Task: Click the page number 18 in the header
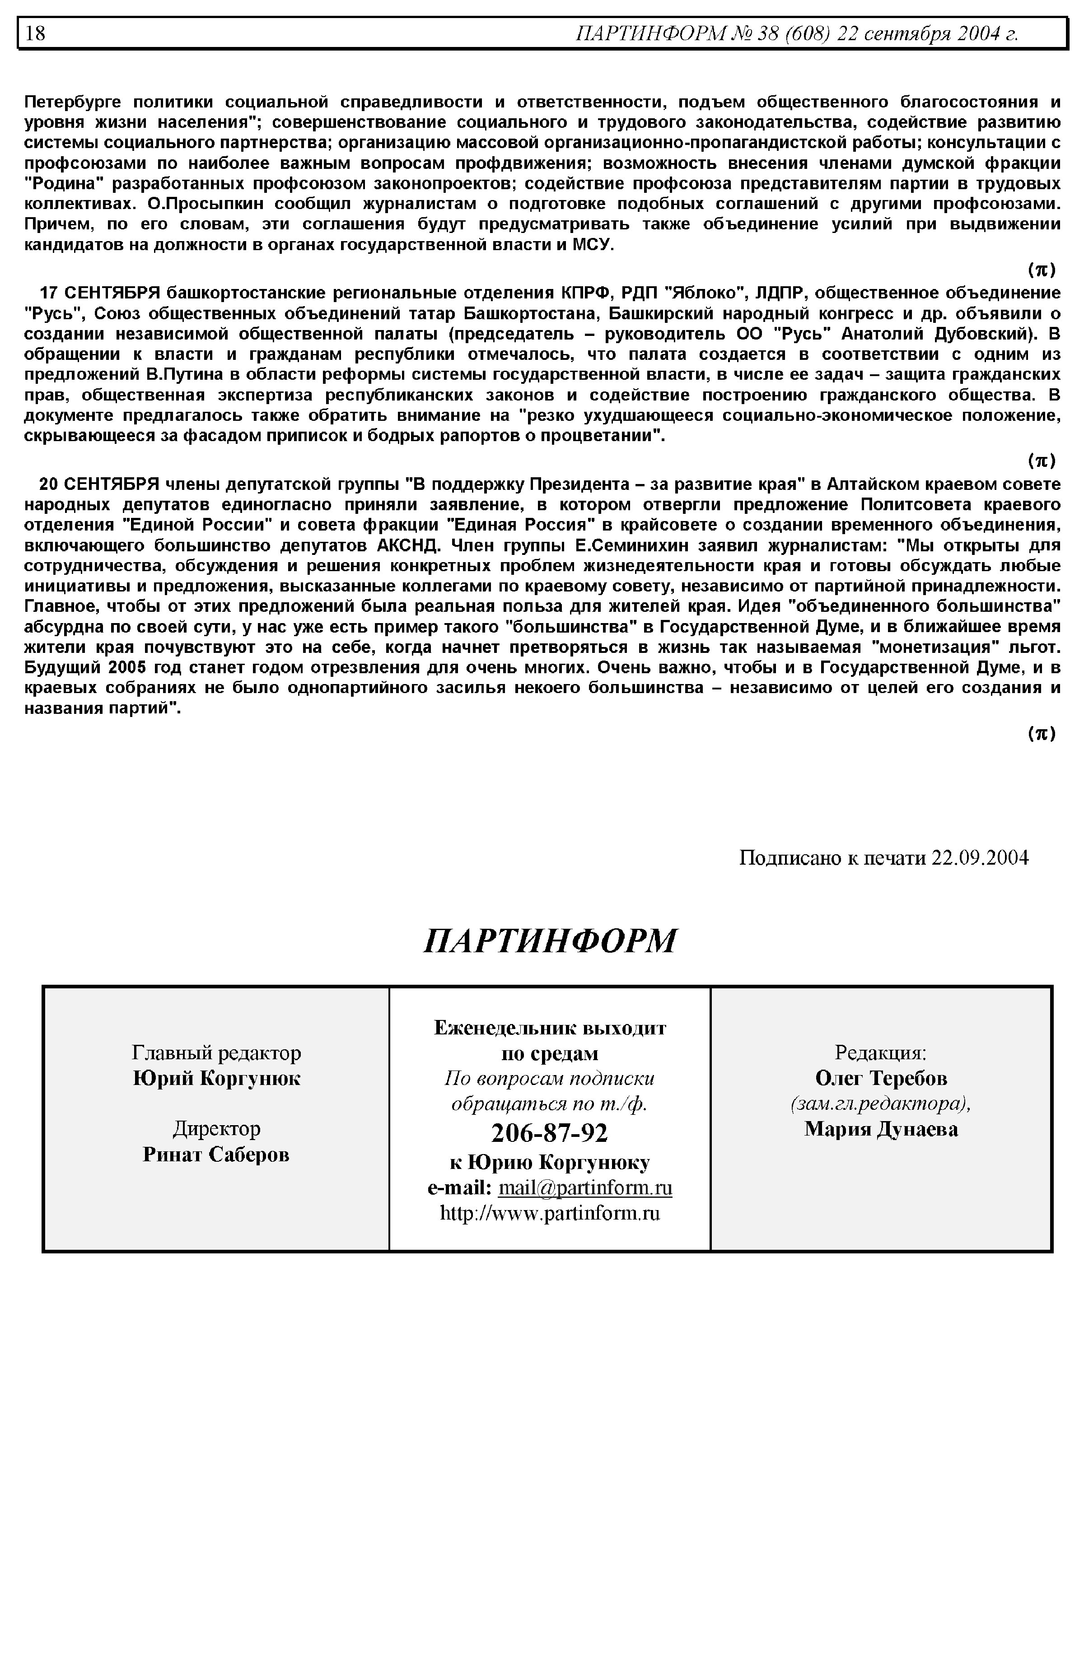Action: [35, 33]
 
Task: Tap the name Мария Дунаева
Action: [881, 1129]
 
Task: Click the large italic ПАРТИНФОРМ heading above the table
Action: [550, 941]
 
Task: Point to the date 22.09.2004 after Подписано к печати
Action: [980, 858]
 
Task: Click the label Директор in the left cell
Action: [216, 1129]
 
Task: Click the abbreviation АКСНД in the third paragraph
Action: [407, 545]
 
